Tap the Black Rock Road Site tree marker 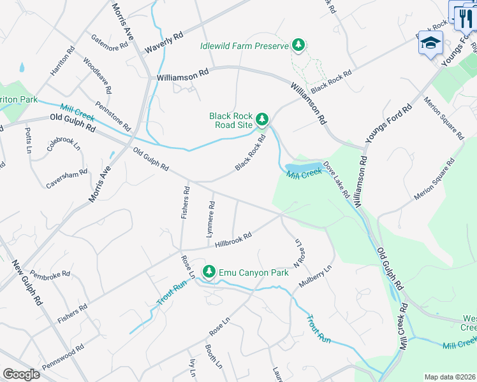point(261,119)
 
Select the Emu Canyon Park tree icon point(209,272)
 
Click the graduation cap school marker point(430,43)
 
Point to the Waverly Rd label point(164,41)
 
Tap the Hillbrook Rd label point(233,239)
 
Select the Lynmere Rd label point(210,220)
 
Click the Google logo point(21,374)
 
